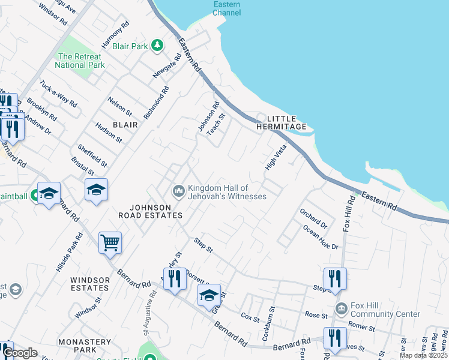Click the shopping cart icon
[x=110, y=243]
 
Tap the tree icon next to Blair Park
[x=157, y=46]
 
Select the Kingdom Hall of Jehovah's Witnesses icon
[x=178, y=191]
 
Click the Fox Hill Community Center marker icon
[x=341, y=309]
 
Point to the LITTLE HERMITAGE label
[x=282, y=122]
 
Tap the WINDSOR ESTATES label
[x=90, y=284]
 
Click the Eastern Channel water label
[x=227, y=8]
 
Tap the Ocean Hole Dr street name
[x=321, y=238]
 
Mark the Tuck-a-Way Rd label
[x=58, y=93]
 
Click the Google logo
[x=20, y=353]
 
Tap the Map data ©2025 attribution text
[x=423, y=355]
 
